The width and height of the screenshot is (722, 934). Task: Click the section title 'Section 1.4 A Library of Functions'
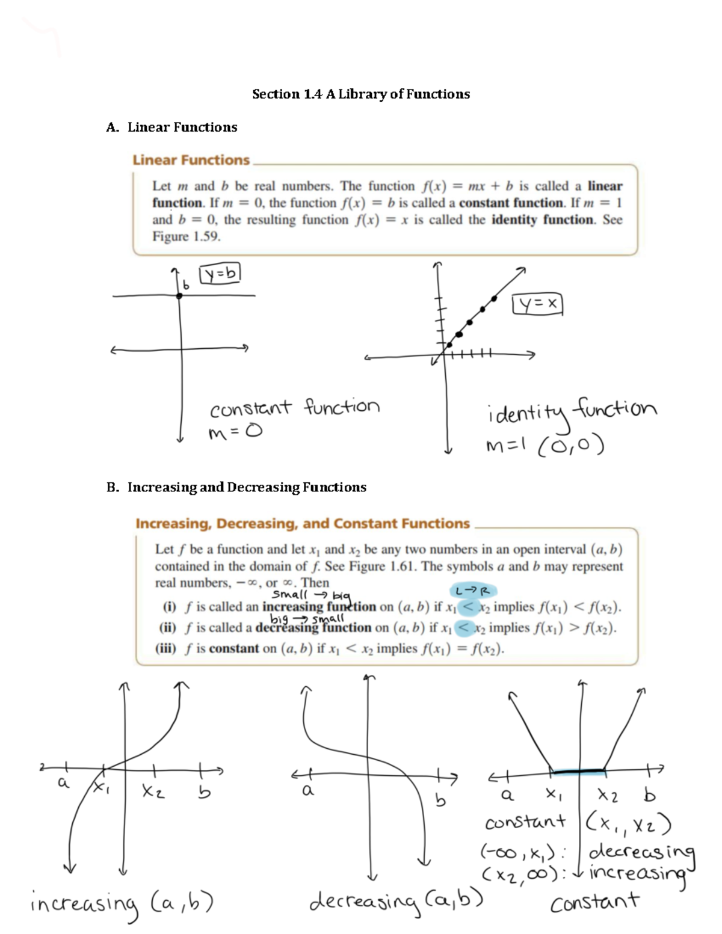pyautogui.click(x=361, y=94)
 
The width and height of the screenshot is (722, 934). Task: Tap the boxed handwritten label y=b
pyautogui.click(x=220, y=274)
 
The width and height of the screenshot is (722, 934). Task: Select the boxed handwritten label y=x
pyautogui.click(x=537, y=305)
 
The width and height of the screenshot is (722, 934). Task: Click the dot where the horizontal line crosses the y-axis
pyautogui.click(x=179, y=295)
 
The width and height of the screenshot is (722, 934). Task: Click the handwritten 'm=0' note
pyautogui.click(x=235, y=432)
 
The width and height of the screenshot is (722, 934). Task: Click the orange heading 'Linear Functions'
pyautogui.click(x=191, y=160)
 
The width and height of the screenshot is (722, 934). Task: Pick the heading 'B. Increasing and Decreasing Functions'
pyautogui.click(x=236, y=487)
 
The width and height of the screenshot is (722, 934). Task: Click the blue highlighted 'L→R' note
pyautogui.click(x=473, y=591)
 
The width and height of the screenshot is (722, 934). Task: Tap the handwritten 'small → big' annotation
pyautogui.click(x=310, y=595)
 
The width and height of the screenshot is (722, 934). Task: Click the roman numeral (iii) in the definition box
pyautogui.click(x=165, y=648)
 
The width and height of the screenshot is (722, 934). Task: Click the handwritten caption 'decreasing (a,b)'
pyautogui.click(x=396, y=900)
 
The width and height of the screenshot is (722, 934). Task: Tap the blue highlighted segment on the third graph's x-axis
pyautogui.click(x=578, y=770)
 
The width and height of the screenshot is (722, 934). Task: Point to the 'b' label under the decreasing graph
pyautogui.click(x=441, y=800)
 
